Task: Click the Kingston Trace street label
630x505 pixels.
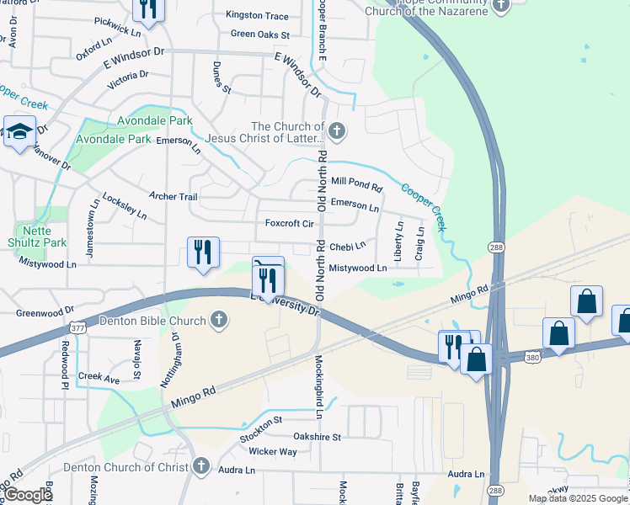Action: (257, 16)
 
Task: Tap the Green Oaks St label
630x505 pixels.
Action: (259, 35)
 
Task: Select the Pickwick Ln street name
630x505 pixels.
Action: (118, 26)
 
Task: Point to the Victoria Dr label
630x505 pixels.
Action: (128, 80)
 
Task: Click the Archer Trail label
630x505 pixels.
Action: (173, 197)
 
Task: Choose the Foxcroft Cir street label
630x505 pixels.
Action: (289, 224)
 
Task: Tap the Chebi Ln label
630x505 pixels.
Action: (347, 247)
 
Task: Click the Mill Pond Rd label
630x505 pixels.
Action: (356, 181)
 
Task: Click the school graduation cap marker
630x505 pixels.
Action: (19, 131)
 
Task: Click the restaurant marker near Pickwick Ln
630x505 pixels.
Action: (148, 9)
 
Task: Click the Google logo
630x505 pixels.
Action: (27, 496)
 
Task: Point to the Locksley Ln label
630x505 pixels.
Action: (125, 206)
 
